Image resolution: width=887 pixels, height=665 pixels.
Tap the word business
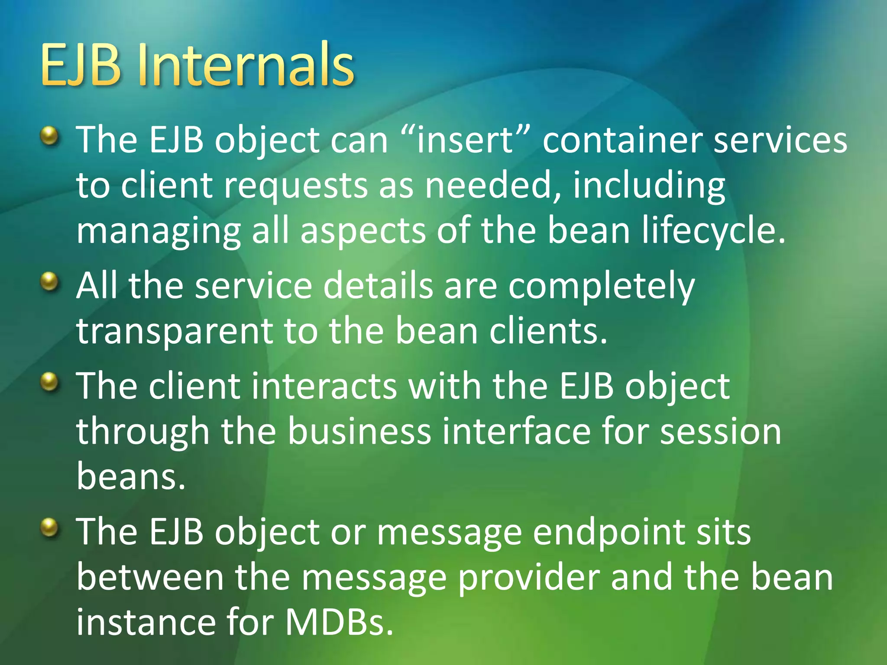[x=359, y=431]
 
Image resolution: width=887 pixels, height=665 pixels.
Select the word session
[x=721, y=431]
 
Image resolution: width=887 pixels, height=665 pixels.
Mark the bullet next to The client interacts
[x=49, y=382]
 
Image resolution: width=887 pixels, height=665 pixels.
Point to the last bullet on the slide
[x=49, y=527]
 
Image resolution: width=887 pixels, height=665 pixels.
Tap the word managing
[x=159, y=232]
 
